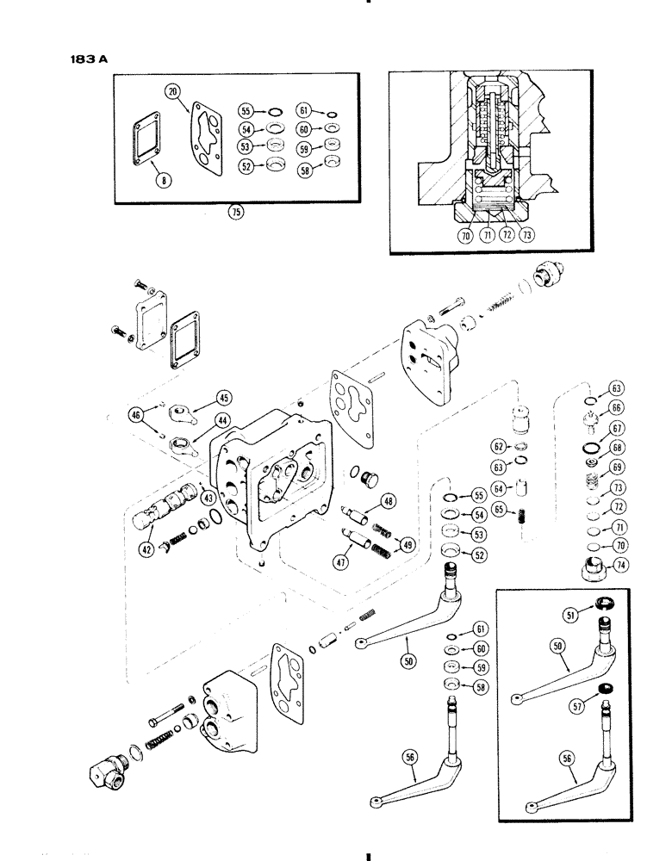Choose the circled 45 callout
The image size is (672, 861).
coord(224,398)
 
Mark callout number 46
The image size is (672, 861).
coord(136,416)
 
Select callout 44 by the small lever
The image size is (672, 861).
coord(223,422)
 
